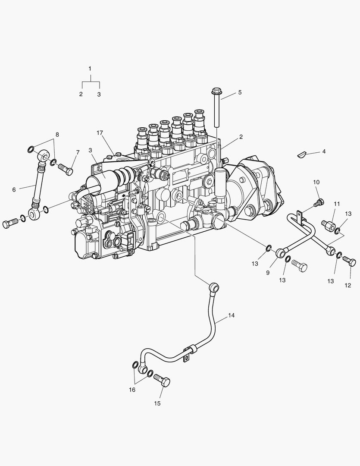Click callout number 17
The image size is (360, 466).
100,132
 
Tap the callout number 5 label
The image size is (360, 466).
240,92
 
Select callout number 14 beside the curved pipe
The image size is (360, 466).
232,315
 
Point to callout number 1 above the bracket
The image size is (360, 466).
90,69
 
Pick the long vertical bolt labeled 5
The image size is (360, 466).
216,108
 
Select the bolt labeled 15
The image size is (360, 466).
163,381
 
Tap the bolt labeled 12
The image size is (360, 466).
350,261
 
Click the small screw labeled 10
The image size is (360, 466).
318,202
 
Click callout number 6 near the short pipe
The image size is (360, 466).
14,189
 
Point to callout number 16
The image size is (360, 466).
132,390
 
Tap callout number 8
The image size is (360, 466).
57,134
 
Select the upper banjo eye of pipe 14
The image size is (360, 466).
213,287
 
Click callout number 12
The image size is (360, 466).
348,285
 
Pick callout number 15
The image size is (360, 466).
157,403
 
